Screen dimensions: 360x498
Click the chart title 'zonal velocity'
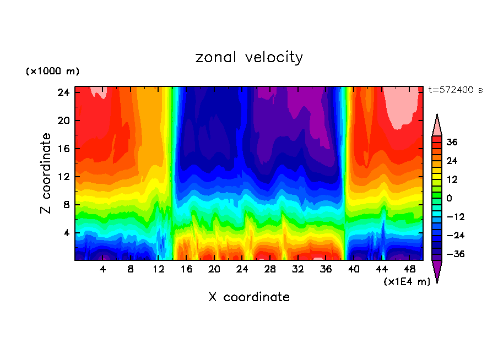249,57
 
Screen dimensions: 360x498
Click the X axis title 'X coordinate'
249,297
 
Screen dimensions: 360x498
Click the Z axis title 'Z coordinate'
46,173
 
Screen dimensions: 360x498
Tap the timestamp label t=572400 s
455,90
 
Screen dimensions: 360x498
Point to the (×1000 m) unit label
52,72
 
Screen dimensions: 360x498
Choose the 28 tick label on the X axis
270,269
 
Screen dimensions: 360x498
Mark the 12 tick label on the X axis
159,269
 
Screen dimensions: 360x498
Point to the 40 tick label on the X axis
354,269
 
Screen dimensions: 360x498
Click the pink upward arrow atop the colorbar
437,126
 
